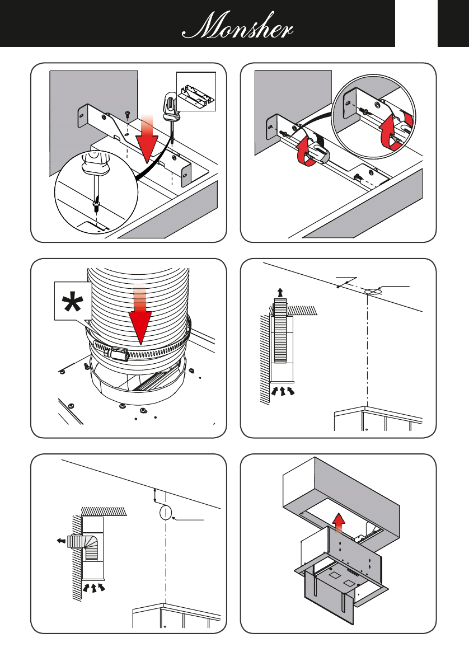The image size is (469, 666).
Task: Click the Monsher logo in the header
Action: pyautogui.click(x=237, y=26)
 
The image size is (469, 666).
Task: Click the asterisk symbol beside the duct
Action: pyautogui.click(x=73, y=302)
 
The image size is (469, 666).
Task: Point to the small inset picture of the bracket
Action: pyautogui.click(x=196, y=92)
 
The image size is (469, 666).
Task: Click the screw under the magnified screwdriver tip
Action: pyautogui.click(x=97, y=208)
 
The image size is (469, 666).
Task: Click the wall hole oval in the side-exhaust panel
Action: pyautogui.click(x=165, y=513)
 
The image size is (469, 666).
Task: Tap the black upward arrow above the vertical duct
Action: pyautogui.click(x=280, y=292)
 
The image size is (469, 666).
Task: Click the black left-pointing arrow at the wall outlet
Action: pyautogui.click(x=61, y=541)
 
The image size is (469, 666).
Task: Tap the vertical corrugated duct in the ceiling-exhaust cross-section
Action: pyautogui.click(x=280, y=330)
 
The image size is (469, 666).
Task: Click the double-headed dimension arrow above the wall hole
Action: pyautogui.click(x=155, y=496)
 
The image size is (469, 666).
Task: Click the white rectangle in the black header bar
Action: pyautogui.click(x=416, y=24)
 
